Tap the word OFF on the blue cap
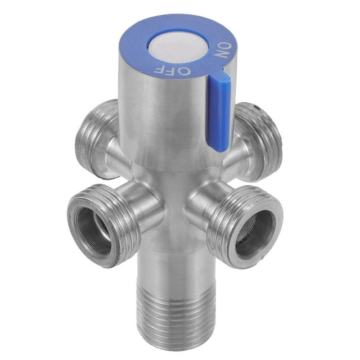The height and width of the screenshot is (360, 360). coord(172,69)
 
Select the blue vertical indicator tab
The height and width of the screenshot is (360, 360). coord(219,112)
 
